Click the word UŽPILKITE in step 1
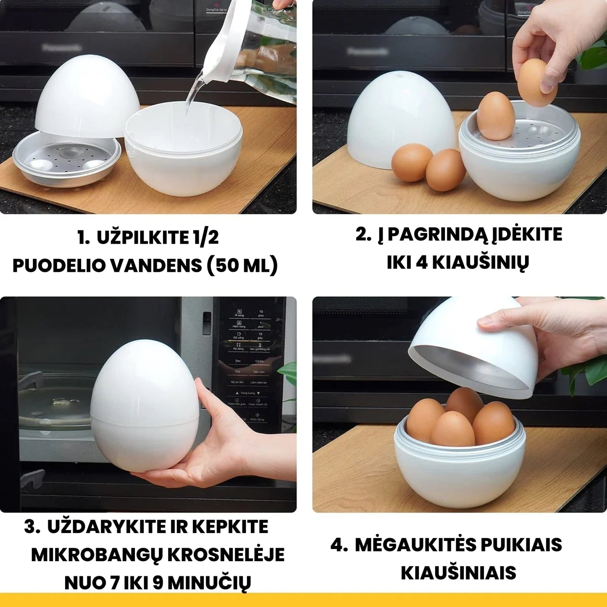tap(137, 238)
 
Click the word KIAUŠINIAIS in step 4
tap(458, 573)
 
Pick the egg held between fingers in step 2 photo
tap(537, 82)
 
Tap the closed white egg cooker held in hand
tap(145, 403)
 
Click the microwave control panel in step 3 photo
tap(248, 365)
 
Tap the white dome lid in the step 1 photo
tap(86, 95)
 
